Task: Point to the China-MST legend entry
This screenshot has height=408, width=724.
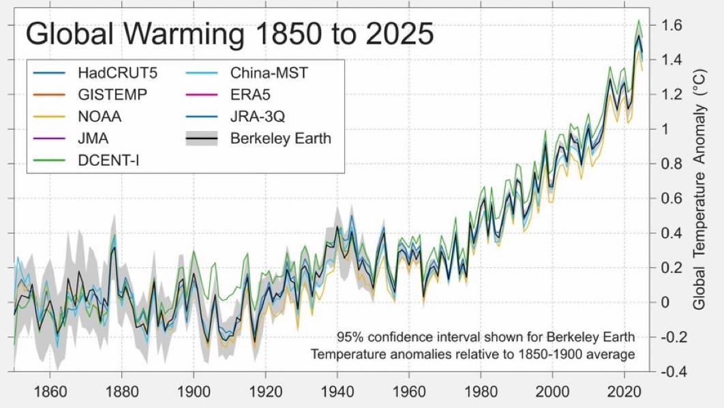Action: [269, 72]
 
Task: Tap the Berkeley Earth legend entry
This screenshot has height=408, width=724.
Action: [280, 139]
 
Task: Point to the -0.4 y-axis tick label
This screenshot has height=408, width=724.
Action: [671, 372]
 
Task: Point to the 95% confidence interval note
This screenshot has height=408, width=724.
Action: [485, 337]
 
